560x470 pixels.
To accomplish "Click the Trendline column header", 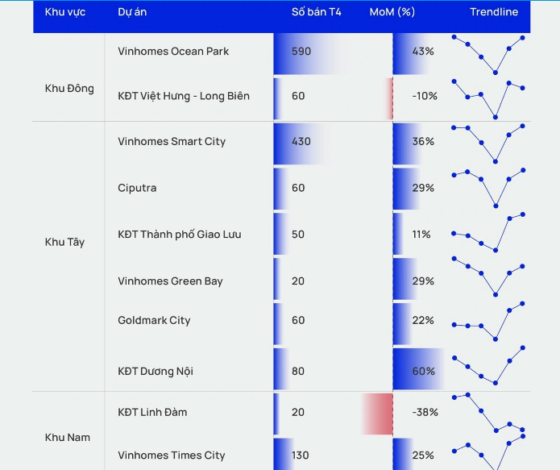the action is (x=494, y=12).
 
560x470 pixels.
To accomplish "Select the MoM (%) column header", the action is (x=392, y=12).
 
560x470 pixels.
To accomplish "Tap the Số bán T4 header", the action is (x=317, y=12).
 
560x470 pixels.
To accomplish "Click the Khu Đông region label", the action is (x=69, y=89).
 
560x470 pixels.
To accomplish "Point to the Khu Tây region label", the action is (x=64, y=242).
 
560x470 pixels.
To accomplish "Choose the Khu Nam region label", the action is (x=68, y=437).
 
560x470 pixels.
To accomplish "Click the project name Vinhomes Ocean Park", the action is (x=173, y=51).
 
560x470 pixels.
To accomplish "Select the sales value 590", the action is (x=301, y=51).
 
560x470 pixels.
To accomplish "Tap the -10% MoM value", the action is (x=425, y=96).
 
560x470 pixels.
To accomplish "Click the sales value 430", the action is (x=301, y=141).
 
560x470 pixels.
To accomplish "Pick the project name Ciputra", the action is (x=137, y=188).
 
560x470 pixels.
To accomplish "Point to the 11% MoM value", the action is (x=421, y=235).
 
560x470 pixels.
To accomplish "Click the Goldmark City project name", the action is (x=154, y=320).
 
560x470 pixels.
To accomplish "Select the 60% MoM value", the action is (x=424, y=371).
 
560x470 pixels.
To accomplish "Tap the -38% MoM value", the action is (x=425, y=412).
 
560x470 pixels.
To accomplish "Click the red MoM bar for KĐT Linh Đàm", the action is (x=377, y=414).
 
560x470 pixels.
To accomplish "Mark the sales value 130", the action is (x=300, y=455).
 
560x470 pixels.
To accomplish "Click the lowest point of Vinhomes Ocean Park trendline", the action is (x=496, y=73).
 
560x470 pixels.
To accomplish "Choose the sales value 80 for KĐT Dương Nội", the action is (x=298, y=371).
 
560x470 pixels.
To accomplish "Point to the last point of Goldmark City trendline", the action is (x=522, y=303).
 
